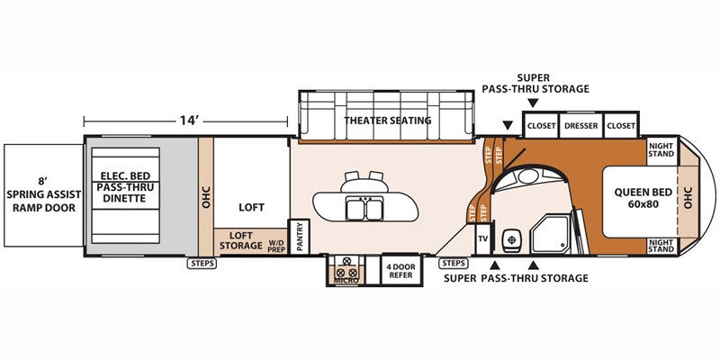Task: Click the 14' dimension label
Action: (x=189, y=121)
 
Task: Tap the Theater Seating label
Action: (x=388, y=121)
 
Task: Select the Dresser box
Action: (x=580, y=125)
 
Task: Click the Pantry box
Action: (x=300, y=237)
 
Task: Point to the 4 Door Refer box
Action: (x=401, y=271)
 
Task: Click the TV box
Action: (x=482, y=238)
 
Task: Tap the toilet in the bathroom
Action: (x=510, y=238)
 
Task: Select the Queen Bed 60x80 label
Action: (x=643, y=198)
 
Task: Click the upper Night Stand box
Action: (x=661, y=149)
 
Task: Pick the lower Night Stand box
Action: (x=661, y=245)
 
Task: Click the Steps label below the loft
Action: (x=201, y=264)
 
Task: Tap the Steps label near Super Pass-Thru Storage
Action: (x=454, y=264)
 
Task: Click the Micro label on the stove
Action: (x=346, y=280)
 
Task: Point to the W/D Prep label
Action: (x=276, y=246)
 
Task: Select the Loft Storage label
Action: (x=240, y=240)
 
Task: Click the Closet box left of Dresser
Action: (x=542, y=125)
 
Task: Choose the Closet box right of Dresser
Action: (x=621, y=125)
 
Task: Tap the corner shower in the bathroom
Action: (x=550, y=234)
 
